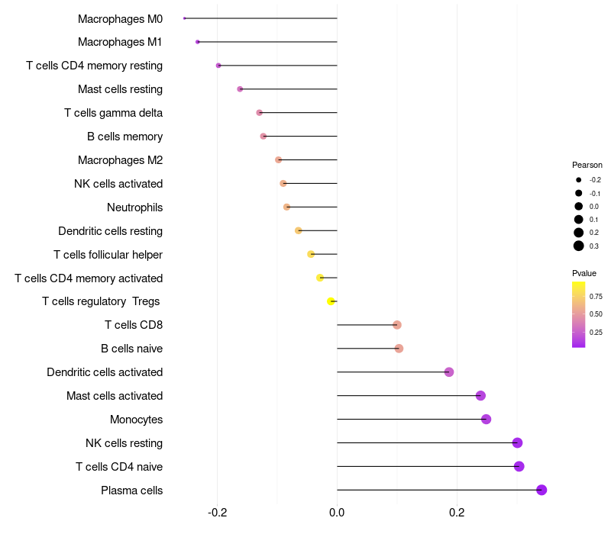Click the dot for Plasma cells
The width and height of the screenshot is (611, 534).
pyautogui.click(x=541, y=490)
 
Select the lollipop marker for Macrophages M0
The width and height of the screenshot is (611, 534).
pyautogui.click(x=185, y=18)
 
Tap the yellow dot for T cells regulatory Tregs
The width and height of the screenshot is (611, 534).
pyautogui.click(x=331, y=301)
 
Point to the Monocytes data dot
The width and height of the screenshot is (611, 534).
pyautogui.click(x=486, y=419)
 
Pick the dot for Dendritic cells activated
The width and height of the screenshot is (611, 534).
pyautogui.click(x=449, y=372)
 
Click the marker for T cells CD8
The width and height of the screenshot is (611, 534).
pyautogui.click(x=396, y=325)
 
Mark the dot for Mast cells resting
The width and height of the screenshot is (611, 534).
pyautogui.click(x=240, y=89)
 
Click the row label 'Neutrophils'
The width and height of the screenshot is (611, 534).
pyautogui.click(x=134, y=207)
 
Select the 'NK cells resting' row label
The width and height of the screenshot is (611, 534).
pyautogui.click(x=124, y=443)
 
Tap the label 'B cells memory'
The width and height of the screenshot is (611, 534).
pyautogui.click(x=124, y=137)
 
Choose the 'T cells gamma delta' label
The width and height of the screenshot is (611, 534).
pyautogui.click(x=113, y=113)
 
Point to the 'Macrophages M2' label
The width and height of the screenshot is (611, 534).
pyautogui.click(x=120, y=160)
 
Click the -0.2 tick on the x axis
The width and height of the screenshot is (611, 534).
pyautogui.click(x=218, y=512)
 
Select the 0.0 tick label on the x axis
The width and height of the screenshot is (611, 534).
pyautogui.click(x=337, y=512)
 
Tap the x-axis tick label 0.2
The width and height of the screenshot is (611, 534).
pyautogui.click(x=457, y=512)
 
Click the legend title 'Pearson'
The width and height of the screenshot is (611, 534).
pyautogui.click(x=587, y=165)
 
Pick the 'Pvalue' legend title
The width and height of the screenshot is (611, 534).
pyautogui.click(x=584, y=273)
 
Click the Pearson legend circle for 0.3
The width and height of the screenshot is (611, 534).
pyautogui.click(x=579, y=246)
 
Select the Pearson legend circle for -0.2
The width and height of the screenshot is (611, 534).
pyautogui.click(x=579, y=180)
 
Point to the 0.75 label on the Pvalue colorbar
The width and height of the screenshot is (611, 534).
pyautogui.click(x=596, y=297)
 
